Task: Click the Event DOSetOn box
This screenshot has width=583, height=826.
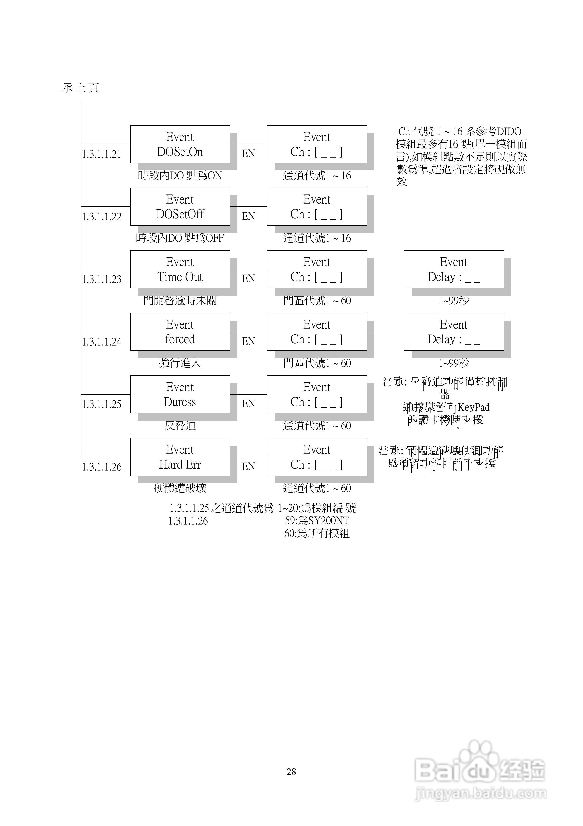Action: click(x=180, y=144)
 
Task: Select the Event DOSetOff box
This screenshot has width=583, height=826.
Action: click(x=180, y=207)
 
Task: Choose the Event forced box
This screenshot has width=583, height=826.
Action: click(x=180, y=332)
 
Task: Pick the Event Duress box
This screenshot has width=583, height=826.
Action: click(x=180, y=394)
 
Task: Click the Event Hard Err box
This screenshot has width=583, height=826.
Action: click(x=180, y=457)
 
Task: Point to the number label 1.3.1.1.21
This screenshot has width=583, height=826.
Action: click(x=101, y=154)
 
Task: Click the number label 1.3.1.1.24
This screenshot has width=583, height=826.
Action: click(x=101, y=342)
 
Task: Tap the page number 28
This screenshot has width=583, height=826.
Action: click(x=291, y=771)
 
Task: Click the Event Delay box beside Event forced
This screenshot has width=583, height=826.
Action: click(x=454, y=332)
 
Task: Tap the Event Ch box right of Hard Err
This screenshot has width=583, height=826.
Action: click(x=317, y=457)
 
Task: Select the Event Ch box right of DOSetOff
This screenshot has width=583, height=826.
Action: click(x=317, y=207)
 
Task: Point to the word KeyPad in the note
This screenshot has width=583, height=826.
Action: click(x=473, y=407)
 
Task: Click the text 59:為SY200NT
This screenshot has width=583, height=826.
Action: click(x=317, y=521)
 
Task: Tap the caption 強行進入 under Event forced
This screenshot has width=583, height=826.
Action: click(x=180, y=363)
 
